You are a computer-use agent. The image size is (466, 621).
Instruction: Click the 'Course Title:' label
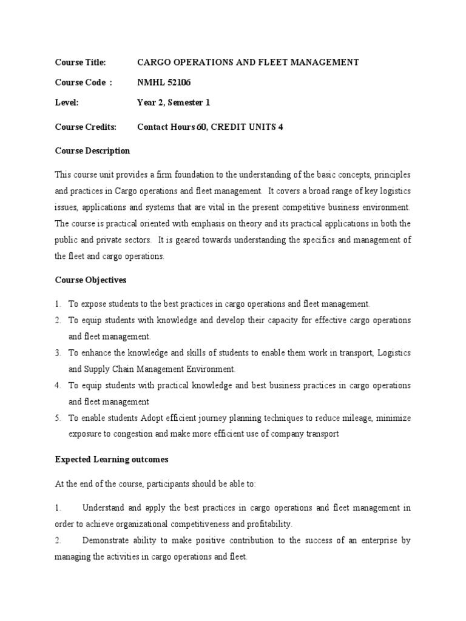[x=80, y=62]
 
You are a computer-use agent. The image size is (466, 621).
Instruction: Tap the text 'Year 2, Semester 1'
[x=174, y=103]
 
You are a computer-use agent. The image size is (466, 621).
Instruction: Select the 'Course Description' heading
[x=92, y=150]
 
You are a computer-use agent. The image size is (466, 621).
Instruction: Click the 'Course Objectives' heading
[x=91, y=280]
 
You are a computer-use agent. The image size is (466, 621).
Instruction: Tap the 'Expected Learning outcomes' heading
[x=111, y=460]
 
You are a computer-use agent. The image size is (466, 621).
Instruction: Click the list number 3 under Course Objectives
[x=58, y=352]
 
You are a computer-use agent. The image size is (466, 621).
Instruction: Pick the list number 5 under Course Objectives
[x=58, y=418]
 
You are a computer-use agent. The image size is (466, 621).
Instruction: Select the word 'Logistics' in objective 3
[x=394, y=352]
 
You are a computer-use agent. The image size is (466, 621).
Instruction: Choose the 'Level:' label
[x=67, y=103]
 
